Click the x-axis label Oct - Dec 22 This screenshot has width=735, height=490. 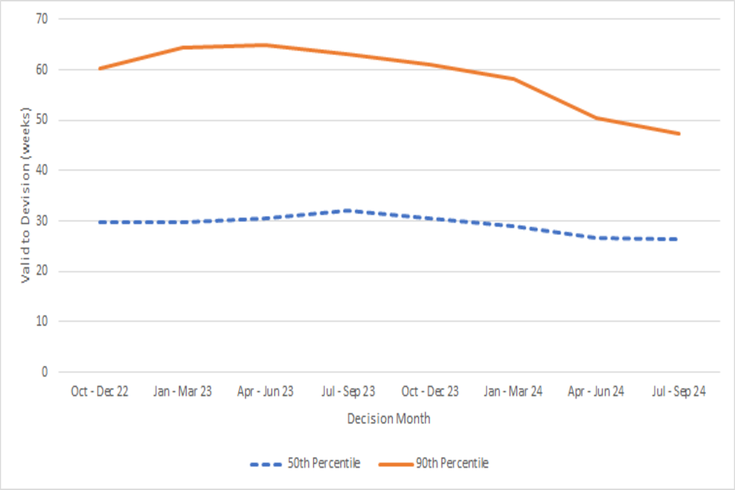(x=100, y=391)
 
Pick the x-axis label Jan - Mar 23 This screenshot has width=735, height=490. (x=182, y=391)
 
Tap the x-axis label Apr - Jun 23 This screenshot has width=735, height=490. (x=265, y=391)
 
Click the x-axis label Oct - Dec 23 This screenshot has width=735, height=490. (x=430, y=391)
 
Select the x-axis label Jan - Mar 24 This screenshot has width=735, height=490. (x=513, y=391)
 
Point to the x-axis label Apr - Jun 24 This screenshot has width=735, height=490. (x=596, y=391)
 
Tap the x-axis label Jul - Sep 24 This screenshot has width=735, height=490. (x=678, y=391)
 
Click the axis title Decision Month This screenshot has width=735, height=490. (x=388, y=419)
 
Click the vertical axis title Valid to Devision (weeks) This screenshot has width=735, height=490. (x=25, y=195)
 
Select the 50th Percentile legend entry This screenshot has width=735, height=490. (x=305, y=463)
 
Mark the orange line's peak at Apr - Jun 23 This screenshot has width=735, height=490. (x=265, y=45)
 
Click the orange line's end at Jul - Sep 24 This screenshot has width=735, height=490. (x=678, y=133)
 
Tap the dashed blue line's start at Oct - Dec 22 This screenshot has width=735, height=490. (x=100, y=222)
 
